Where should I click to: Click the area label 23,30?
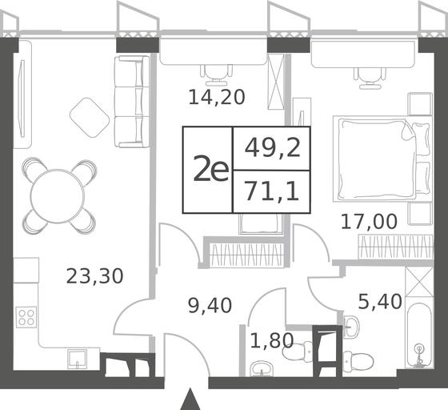tap(95, 276)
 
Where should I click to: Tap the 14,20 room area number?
tap(217, 97)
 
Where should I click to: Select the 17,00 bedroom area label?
tap(369, 222)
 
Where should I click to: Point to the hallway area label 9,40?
tap(210, 305)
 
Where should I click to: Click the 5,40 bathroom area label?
tap(380, 302)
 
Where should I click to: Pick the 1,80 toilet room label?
tap(272, 341)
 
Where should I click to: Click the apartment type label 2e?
tap(211, 171)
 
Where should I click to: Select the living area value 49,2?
tap(273, 148)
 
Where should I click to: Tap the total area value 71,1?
tap(272, 191)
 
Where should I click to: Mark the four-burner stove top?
tap(26, 317)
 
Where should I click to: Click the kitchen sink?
tap(77, 359)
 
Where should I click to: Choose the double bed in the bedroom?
tap(382, 159)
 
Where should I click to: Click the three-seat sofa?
tap(132, 102)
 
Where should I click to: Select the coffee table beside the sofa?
tap(90, 118)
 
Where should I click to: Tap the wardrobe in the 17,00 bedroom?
tap(396, 247)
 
